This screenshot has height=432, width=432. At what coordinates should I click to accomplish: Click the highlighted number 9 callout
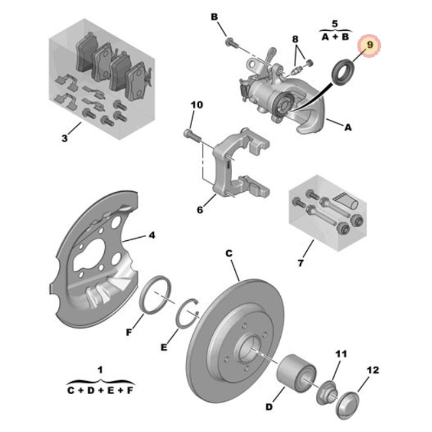(x=370, y=45)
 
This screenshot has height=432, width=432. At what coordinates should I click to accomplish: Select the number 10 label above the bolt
(x=197, y=105)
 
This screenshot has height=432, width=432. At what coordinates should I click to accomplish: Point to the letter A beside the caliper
(x=348, y=127)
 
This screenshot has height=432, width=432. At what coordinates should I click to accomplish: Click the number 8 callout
(x=295, y=39)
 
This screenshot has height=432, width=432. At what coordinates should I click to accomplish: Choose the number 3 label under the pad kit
(x=64, y=138)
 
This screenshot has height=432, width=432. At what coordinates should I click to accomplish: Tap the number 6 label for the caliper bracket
(x=200, y=210)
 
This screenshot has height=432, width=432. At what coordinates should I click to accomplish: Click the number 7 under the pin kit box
(x=300, y=263)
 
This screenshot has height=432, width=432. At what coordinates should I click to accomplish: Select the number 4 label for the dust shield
(x=152, y=235)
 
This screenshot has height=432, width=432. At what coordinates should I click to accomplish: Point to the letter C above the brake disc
(x=229, y=253)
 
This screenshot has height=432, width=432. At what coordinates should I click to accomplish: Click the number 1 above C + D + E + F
(x=100, y=369)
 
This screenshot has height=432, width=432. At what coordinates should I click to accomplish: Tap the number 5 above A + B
(x=335, y=23)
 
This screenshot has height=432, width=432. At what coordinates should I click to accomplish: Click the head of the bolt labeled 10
(x=187, y=133)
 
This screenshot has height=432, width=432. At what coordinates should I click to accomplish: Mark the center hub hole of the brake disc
(x=249, y=350)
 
